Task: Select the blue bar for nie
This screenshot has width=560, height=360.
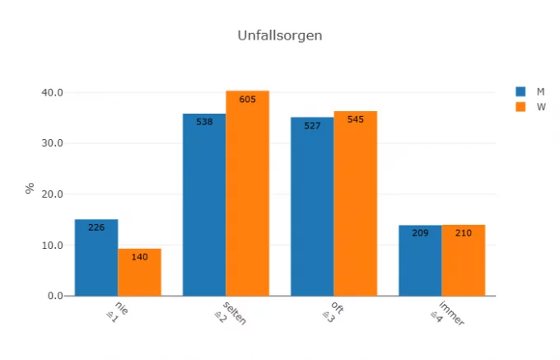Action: [x=96, y=258]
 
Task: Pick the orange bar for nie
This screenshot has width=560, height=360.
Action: [x=139, y=273]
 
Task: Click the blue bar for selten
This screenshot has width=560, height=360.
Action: [x=204, y=205]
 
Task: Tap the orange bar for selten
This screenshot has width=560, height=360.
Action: [x=247, y=194]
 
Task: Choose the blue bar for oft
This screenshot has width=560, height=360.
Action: [x=312, y=207]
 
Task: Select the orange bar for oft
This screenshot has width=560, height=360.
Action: [x=355, y=203]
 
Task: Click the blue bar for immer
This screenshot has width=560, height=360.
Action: [x=420, y=260]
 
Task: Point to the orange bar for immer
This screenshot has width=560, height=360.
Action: [x=463, y=260]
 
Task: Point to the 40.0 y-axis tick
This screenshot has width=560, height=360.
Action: [x=53, y=92]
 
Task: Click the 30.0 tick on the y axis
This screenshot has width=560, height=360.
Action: [x=53, y=143]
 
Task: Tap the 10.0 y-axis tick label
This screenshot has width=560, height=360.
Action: [x=53, y=245]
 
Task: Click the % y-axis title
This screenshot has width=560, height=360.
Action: [x=30, y=189]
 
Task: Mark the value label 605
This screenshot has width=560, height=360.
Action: [x=247, y=100]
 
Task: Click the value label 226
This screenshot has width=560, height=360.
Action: [x=96, y=227]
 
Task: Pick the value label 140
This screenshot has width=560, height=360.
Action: [x=139, y=257]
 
